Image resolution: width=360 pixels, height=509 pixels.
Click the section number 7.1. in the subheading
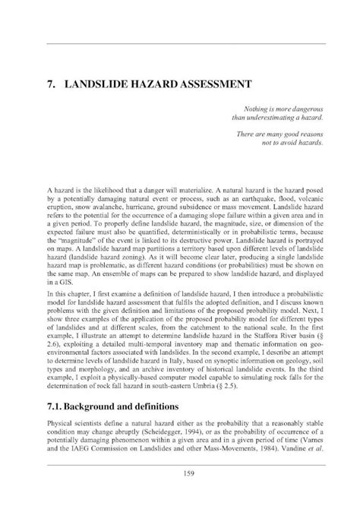point(57,407)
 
